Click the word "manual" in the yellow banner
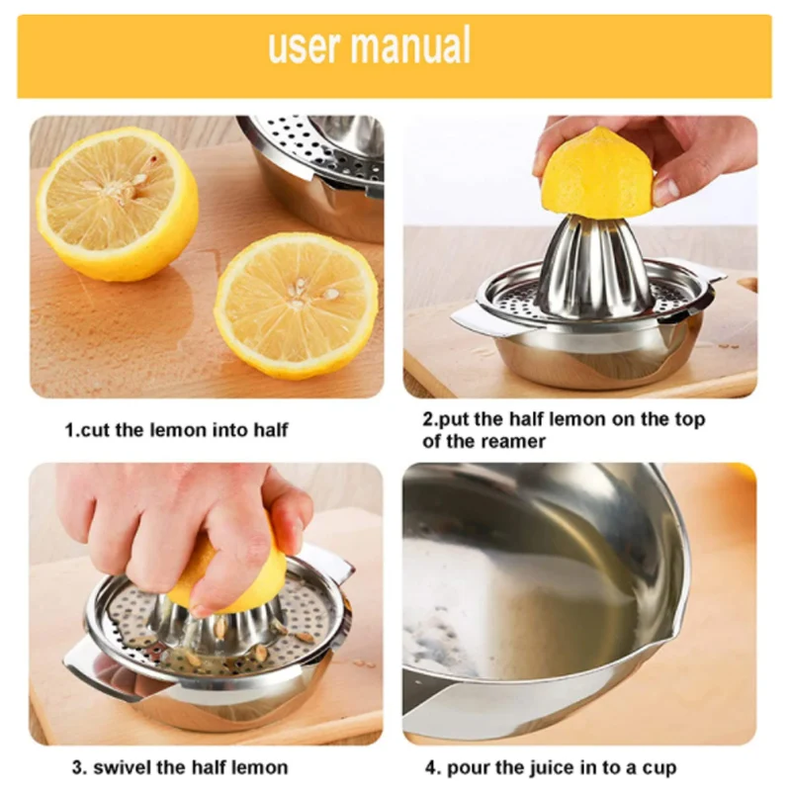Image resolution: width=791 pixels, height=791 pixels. pyautogui.click(x=410, y=44)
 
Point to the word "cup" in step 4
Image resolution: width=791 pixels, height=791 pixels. pyautogui.click(x=659, y=769)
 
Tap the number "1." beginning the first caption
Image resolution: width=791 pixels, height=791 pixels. pyautogui.click(x=72, y=430)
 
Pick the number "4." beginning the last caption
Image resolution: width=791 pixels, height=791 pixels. pyautogui.click(x=433, y=768)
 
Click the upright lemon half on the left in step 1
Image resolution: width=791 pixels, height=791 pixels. pyautogui.click(x=117, y=203)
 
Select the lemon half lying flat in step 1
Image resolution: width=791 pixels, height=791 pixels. pyautogui.click(x=296, y=306)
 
